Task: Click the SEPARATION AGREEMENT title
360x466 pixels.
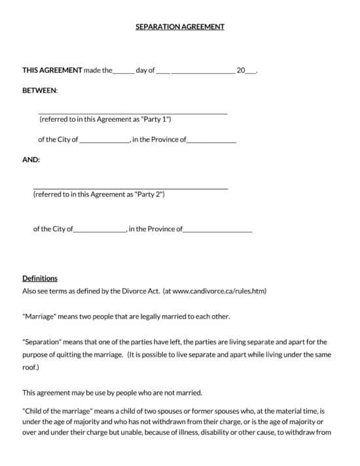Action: pos(179,27)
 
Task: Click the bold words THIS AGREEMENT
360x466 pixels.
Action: pos(52,70)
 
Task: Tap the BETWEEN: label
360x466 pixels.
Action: pos(40,90)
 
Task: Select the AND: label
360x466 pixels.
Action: pos(31,160)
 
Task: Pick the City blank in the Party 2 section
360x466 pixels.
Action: pos(100,230)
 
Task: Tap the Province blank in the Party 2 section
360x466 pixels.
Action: pos(217,230)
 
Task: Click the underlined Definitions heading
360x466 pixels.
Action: pos(40,278)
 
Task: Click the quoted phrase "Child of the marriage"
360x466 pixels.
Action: pos(60,410)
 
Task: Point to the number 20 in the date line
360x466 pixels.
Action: pos(241,70)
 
